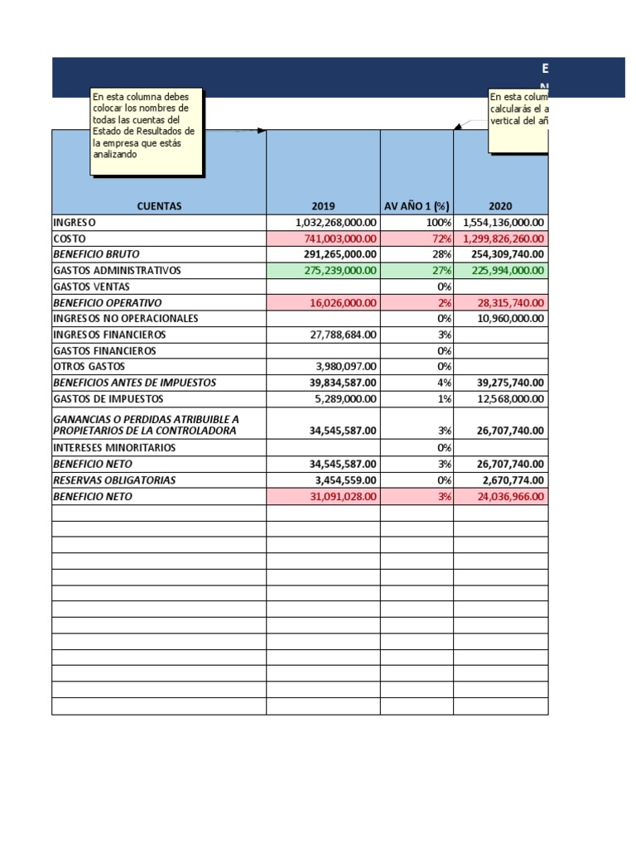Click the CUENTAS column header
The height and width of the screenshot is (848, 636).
point(159,206)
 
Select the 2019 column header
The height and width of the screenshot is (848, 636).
point(323,206)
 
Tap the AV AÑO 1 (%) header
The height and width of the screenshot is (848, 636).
point(417,206)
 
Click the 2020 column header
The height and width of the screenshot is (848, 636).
point(500,206)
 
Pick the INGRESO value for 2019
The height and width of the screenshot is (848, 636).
point(336,223)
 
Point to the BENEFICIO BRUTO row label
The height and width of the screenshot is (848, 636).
point(96,254)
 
